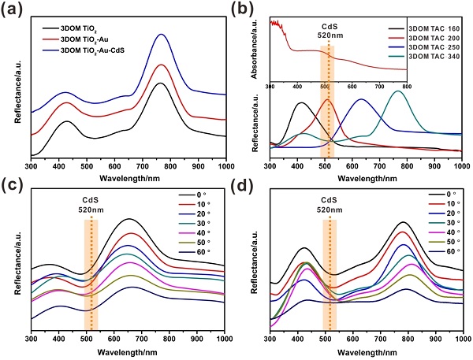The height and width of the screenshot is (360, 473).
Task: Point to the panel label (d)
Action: click(255, 186)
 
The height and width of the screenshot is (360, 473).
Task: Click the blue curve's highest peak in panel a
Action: click(161, 35)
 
